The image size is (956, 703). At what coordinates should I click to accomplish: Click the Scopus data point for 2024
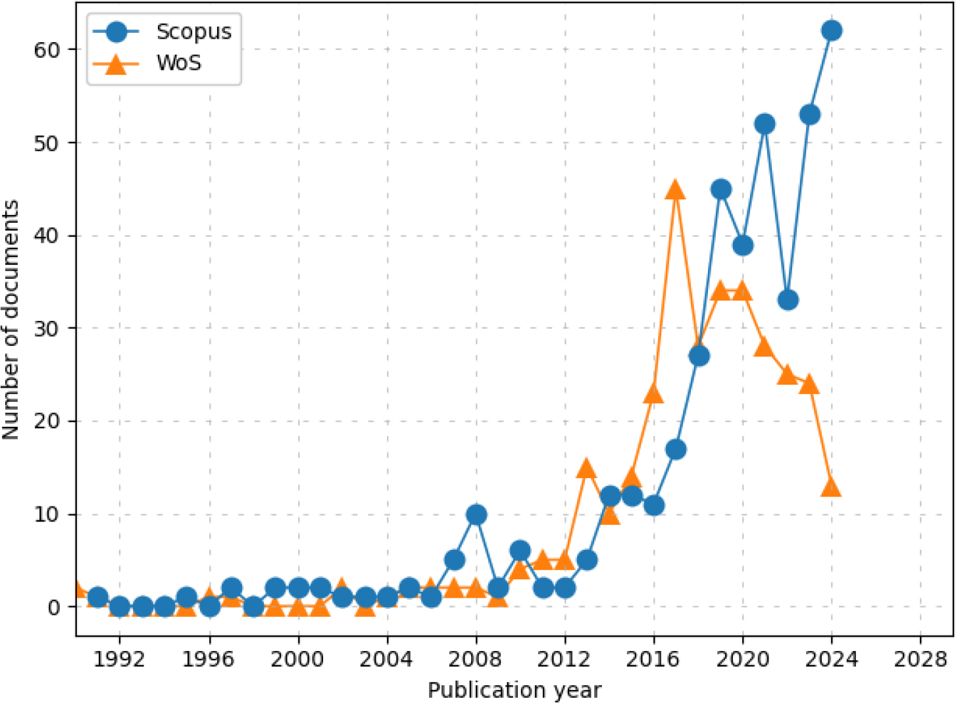coord(832,31)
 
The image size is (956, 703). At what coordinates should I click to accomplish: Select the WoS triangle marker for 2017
coord(676,190)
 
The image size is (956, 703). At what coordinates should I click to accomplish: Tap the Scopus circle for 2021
coord(765,124)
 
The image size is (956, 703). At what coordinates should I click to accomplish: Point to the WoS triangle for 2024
coord(832,487)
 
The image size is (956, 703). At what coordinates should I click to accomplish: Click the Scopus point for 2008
coord(476,514)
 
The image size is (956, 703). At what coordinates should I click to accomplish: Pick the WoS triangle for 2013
coord(586,469)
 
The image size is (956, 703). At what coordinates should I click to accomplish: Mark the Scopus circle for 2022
coord(788,301)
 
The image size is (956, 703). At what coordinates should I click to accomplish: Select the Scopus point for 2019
coord(721,189)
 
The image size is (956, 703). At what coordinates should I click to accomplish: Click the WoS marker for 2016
coord(653,394)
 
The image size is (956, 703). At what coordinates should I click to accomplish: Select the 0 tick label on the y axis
coord(54,608)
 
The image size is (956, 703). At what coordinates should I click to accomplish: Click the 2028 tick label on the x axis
coord(920,659)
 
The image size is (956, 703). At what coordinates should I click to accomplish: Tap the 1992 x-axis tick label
coord(120,659)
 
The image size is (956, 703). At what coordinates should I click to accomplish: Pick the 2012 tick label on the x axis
coord(565,659)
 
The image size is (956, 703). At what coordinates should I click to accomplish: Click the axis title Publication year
coord(515,690)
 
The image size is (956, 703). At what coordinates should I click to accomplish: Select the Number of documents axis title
coord(11,320)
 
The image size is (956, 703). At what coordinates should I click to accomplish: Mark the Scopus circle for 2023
coord(810,115)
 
